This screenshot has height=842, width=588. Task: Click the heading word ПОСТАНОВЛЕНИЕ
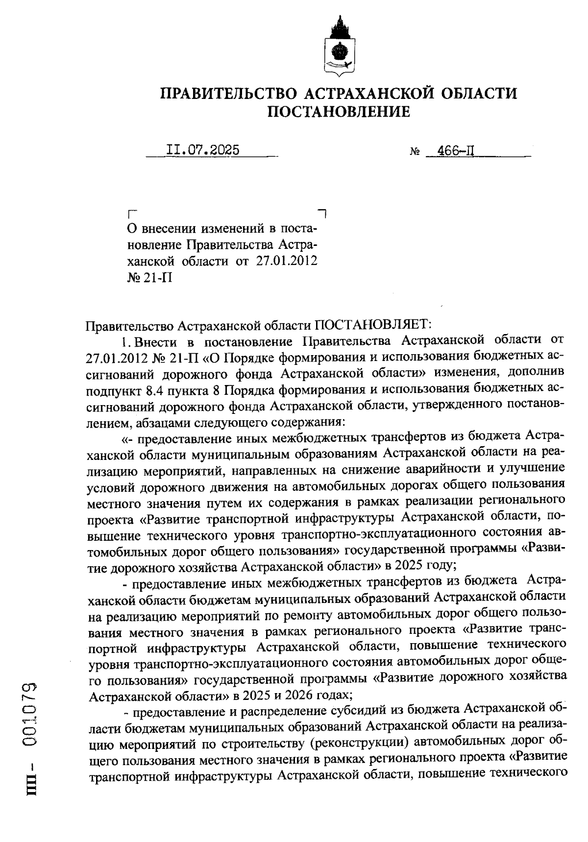click(x=338, y=112)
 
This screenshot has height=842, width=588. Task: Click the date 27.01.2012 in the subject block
click(x=286, y=261)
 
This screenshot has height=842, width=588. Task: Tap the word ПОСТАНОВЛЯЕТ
click(x=372, y=324)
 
